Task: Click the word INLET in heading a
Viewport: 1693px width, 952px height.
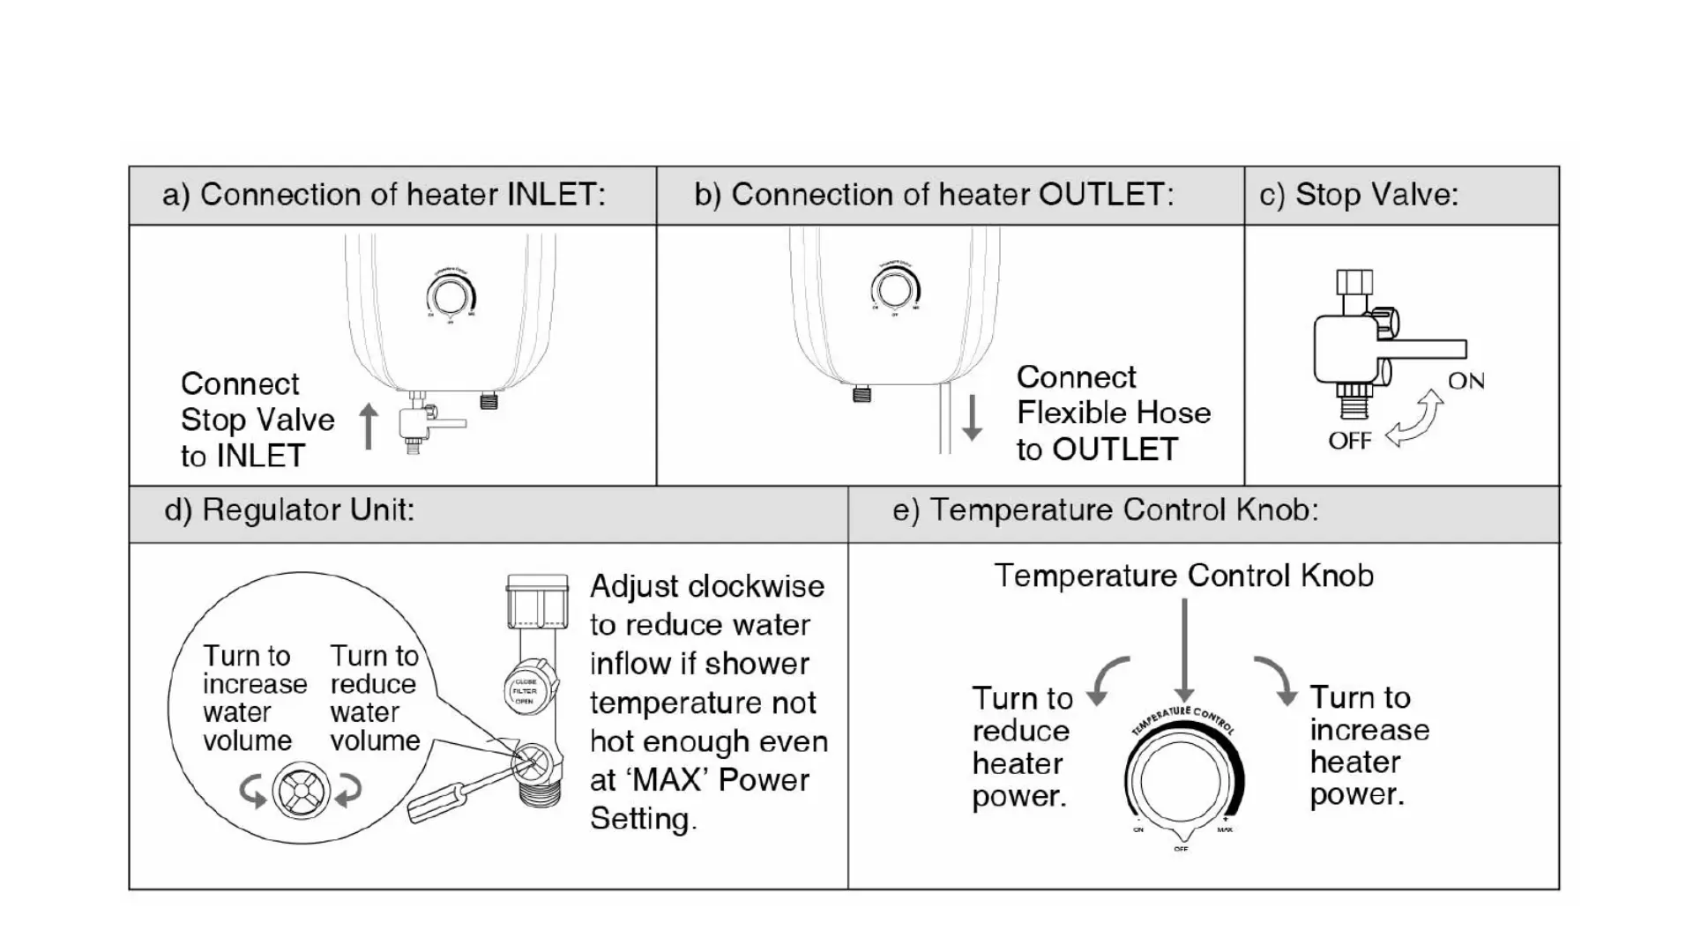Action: [x=552, y=195]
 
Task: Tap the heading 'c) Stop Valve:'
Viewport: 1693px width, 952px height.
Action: [x=1358, y=195]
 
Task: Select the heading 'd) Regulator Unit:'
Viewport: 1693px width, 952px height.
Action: [x=289, y=510]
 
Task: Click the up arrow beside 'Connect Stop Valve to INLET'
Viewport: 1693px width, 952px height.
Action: [x=369, y=427]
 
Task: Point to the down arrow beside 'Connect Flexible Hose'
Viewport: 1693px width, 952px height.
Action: [x=972, y=418]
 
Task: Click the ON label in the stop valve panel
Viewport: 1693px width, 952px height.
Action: [x=1466, y=381]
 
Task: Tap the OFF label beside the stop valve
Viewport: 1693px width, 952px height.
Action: [x=1349, y=441]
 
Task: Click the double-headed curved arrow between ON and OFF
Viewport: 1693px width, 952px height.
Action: [x=1416, y=420]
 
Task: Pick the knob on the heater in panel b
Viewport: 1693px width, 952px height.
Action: [x=895, y=289]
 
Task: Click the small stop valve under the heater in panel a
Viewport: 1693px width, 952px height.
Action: [x=417, y=425]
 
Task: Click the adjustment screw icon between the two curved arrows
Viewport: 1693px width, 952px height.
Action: [x=301, y=791]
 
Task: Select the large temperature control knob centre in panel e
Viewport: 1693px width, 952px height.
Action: [x=1181, y=781]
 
